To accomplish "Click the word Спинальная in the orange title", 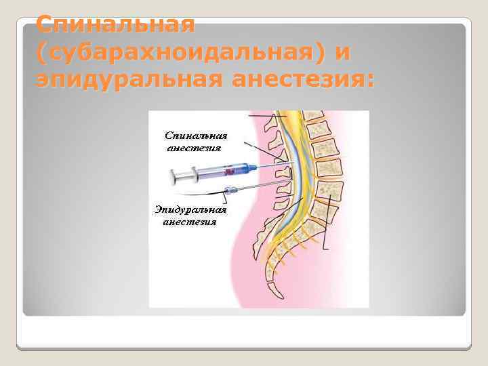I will point(115,25).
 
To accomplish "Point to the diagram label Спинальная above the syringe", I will point(197,135).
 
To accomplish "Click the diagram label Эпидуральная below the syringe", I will point(190,209).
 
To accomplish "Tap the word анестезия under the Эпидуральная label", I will point(190,222).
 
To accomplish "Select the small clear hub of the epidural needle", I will point(230,190).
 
